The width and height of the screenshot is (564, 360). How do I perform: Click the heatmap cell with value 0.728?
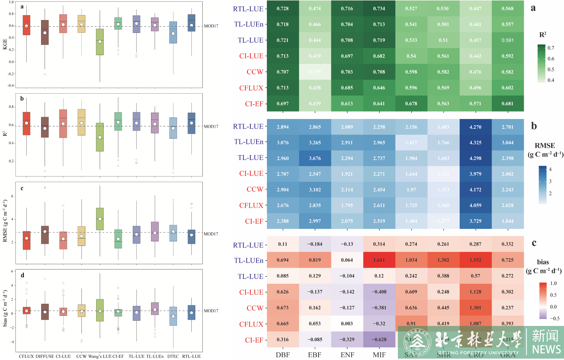283,8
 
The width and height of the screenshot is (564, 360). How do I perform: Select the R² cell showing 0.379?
315,72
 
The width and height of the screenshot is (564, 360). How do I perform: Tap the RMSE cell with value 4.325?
475,142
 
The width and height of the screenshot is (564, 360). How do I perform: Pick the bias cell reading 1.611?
379,260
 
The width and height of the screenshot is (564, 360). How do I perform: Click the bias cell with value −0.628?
379,339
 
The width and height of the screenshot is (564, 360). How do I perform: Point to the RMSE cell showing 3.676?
315,158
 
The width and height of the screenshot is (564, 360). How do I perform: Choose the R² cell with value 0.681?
507,104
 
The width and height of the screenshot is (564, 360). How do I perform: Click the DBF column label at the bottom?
283,355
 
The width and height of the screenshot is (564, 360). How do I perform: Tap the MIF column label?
379,355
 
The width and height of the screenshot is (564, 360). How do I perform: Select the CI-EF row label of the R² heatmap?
254,104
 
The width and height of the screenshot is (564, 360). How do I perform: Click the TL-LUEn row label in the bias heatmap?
249,260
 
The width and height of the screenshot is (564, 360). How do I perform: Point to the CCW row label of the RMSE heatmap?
255,189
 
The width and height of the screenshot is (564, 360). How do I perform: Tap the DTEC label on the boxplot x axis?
173,356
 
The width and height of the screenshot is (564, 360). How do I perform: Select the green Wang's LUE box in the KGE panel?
100,42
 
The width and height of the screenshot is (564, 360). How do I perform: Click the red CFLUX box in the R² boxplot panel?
26,124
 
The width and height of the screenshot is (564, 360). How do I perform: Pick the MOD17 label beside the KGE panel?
211,26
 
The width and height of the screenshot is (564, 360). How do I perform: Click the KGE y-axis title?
5,44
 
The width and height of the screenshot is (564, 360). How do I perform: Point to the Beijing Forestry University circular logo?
417,342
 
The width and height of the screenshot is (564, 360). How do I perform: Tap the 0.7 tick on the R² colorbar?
551,48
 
